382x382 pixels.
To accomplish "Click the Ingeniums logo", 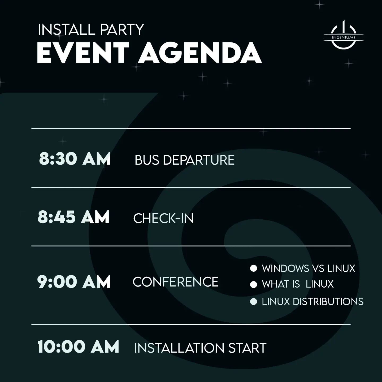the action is click(x=344, y=35).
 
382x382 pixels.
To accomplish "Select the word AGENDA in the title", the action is click(x=200, y=53).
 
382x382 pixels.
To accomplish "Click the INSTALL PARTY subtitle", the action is click(x=91, y=29).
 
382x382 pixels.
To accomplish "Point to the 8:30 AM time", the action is click(x=75, y=159).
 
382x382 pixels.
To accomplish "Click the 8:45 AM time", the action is click(x=73, y=217).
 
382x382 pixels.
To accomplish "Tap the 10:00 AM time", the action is click(x=78, y=346).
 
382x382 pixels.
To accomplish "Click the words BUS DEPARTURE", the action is click(x=185, y=160).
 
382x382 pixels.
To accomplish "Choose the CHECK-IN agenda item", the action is click(x=163, y=218).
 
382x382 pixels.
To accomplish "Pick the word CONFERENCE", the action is click(x=175, y=282).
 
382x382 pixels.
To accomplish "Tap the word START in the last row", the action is click(x=247, y=348).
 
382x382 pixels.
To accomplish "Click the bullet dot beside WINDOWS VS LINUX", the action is click(x=254, y=268).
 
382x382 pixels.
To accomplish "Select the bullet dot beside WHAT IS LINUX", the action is click(x=254, y=284).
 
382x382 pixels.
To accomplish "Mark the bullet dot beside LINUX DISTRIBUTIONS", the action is click(x=254, y=302).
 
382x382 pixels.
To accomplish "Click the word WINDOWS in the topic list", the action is click(x=286, y=269).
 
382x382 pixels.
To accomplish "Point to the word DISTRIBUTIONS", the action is click(x=328, y=302).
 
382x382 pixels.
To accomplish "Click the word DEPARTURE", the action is click(x=199, y=160).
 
